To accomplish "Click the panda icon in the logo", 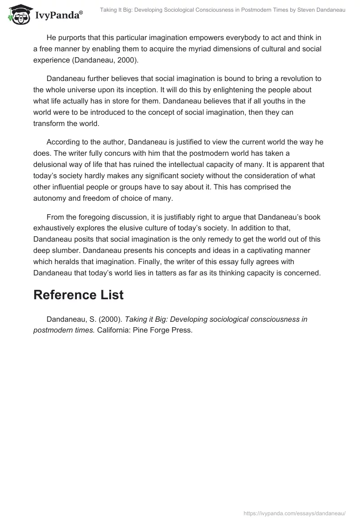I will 18,15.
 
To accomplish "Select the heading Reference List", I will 78,295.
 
